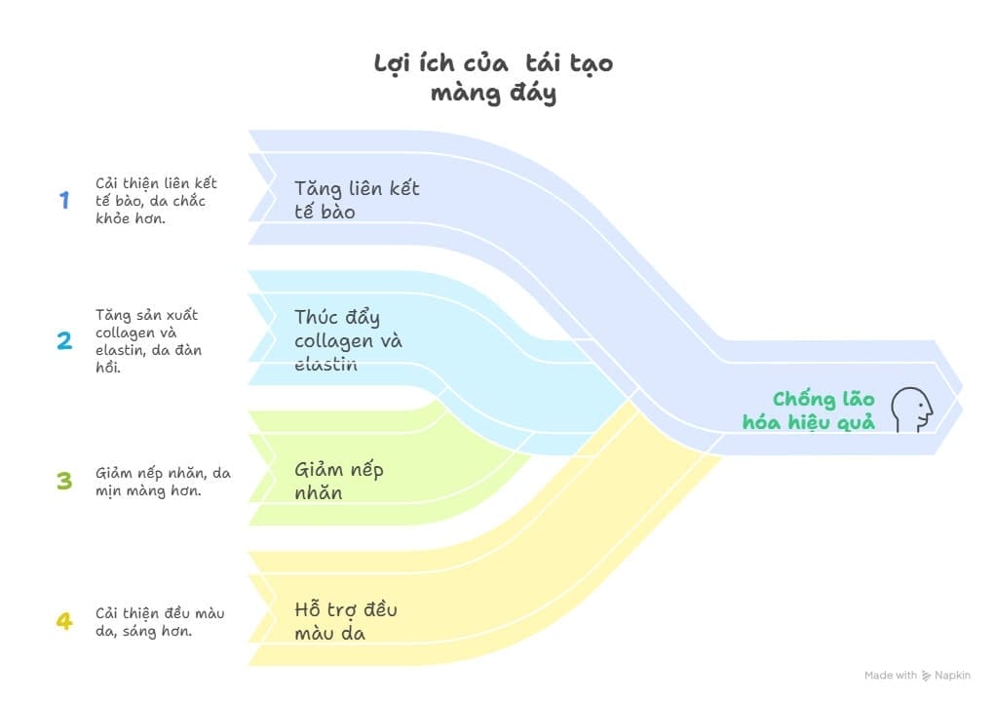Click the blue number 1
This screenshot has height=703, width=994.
[64, 200]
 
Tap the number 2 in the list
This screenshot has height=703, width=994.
[64, 340]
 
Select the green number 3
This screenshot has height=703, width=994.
[64, 481]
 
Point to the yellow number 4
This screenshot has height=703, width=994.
[64, 621]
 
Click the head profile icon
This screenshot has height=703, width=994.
[912, 410]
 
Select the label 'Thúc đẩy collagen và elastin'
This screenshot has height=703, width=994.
[348, 340]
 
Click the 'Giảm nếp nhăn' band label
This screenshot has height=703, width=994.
[338, 481]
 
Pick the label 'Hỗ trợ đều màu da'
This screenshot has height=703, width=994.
[346, 621]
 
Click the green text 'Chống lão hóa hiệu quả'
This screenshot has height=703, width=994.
[809, 410]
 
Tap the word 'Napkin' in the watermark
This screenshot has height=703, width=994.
[952, 675]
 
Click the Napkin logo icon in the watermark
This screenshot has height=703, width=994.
[926, 676]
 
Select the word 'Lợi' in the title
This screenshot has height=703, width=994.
[393, 64]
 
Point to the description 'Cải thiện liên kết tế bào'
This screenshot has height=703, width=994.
[156, 201]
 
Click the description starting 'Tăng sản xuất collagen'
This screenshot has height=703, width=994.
[148, 340]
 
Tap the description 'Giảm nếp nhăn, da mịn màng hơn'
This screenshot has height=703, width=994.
[163, 482]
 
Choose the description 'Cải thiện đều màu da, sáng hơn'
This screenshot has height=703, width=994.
[160, 622]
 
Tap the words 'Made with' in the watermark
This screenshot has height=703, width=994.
[891, 675]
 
